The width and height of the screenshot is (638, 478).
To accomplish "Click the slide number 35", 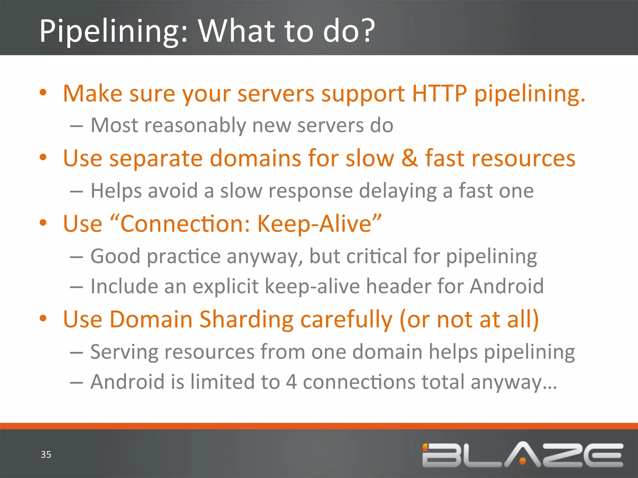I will click(x=46, y=455).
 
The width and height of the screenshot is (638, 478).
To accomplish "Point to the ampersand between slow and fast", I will click(x=409, y=158).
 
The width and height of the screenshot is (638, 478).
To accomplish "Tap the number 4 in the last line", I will click(x=291, y=382).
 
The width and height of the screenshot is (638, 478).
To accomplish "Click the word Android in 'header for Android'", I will click(x=507, y=286).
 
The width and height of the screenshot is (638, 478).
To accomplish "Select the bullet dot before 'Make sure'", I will click(x=43, y=93).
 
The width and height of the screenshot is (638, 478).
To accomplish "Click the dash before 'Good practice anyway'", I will click(x=76, y=257).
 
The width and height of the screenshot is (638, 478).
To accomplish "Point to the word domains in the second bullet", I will click(x=255, y=158).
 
